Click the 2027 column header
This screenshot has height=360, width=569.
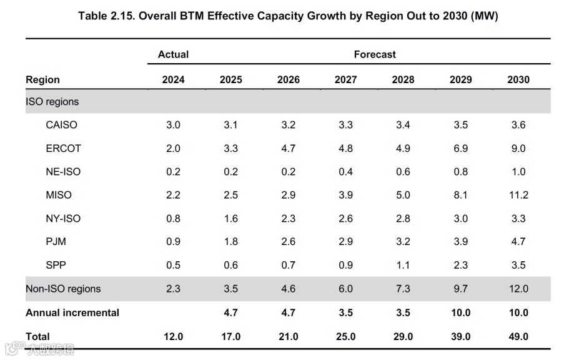coord(345,79)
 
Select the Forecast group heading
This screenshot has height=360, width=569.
coord(375,54)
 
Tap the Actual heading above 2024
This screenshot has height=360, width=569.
coord(173,54)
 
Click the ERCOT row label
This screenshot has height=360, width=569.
coord(63,148)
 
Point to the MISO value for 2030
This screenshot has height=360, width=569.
coord(518,195)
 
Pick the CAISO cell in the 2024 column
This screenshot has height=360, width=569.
coord(173,125)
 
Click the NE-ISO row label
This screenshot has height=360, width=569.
coord(63,172)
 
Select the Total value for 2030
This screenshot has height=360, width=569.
coord(518,336)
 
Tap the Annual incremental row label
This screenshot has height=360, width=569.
coord(72,312)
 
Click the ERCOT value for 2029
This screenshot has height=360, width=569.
coord(461,148)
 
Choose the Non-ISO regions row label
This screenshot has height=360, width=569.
coord(63,289)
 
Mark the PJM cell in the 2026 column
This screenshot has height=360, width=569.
coord(288,242)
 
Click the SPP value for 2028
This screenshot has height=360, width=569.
coord(403,265)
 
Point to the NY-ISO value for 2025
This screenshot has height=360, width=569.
coord(230,219)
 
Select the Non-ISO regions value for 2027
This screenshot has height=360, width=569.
coord(345,289)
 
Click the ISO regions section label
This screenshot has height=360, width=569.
coord(52,101)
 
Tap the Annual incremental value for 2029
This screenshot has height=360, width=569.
coord(461,312)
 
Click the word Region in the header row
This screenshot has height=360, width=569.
coord(42,79)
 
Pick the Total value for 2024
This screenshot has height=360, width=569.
coord(173,336)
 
